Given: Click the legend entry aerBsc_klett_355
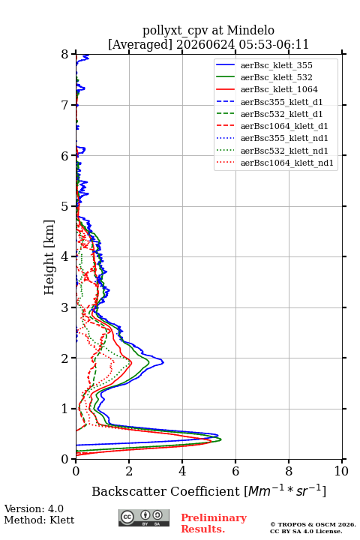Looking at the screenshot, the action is (276, 65).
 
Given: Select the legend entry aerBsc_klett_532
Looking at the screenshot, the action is (276, 77).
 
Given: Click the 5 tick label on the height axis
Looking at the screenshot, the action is (65, 206).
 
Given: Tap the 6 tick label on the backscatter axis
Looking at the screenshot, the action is (235, 471).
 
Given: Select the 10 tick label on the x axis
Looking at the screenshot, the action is (341, 471).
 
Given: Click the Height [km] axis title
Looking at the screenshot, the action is (49, 257).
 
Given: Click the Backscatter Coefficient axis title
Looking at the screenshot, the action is (208, 490).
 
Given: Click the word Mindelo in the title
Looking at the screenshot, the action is (250, 30).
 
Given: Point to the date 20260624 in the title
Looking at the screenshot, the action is (205, 44).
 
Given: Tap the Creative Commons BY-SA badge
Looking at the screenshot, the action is (144, 517).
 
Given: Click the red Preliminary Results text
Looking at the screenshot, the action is (214, 523).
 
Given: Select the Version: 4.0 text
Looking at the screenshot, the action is (34, 508).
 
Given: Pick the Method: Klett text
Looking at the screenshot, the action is (39, 520).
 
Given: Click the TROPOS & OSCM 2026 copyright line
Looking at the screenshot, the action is (313, 524).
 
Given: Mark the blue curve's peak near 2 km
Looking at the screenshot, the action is (163, 362).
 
